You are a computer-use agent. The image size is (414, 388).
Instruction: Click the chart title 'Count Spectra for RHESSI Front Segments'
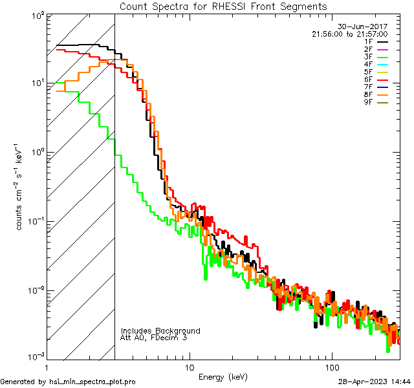click(223, 6)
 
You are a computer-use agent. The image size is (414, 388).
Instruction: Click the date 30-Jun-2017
click(375, 27)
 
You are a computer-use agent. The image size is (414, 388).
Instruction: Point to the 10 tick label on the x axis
click(188, 367)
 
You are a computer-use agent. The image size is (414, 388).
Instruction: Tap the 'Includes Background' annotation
click(160, 330)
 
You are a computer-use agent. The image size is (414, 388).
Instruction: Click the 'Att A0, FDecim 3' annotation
click(155, 338)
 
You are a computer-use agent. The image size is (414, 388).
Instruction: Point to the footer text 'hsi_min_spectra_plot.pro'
click(93, 382)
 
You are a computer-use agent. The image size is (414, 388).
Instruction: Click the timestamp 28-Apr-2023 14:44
click(375, 382)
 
